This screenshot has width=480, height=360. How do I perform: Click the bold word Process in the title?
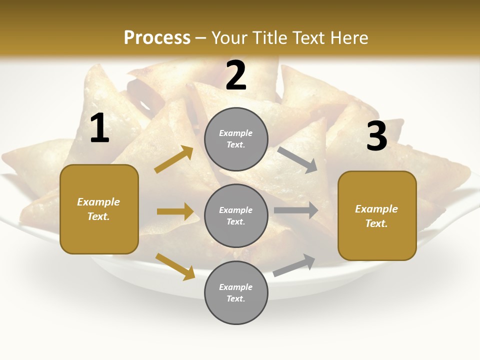(x=157, y=37)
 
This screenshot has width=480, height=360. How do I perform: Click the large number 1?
(x=99, y=128)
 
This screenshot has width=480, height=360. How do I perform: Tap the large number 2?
(x=236, y=75)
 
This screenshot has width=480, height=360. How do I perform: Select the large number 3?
(x=376, y=136)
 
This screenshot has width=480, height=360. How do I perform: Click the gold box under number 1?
(x=99, y=209)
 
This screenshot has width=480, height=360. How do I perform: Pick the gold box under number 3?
(x=377, y=215)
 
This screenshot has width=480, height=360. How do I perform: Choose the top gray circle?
(x=236, y=139)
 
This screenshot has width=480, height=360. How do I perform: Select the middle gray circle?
(x=236, y=215)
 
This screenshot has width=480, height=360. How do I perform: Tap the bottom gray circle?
(x=236, y=292)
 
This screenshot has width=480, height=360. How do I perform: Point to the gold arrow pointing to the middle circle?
(x=175, y=211)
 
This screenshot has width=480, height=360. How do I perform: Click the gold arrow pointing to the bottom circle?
(x=175, y=266)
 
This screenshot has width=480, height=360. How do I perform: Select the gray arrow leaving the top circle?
(x=297, y=160)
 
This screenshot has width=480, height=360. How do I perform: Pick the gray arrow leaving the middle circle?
(x=295, y=210)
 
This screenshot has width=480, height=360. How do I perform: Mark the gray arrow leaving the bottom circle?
(x=294, y=265)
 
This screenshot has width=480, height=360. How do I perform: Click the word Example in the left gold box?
(x=98, y=202)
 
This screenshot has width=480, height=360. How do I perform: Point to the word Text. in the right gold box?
(x=376, y=223)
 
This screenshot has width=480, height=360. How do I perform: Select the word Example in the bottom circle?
(x=236, y=287)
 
